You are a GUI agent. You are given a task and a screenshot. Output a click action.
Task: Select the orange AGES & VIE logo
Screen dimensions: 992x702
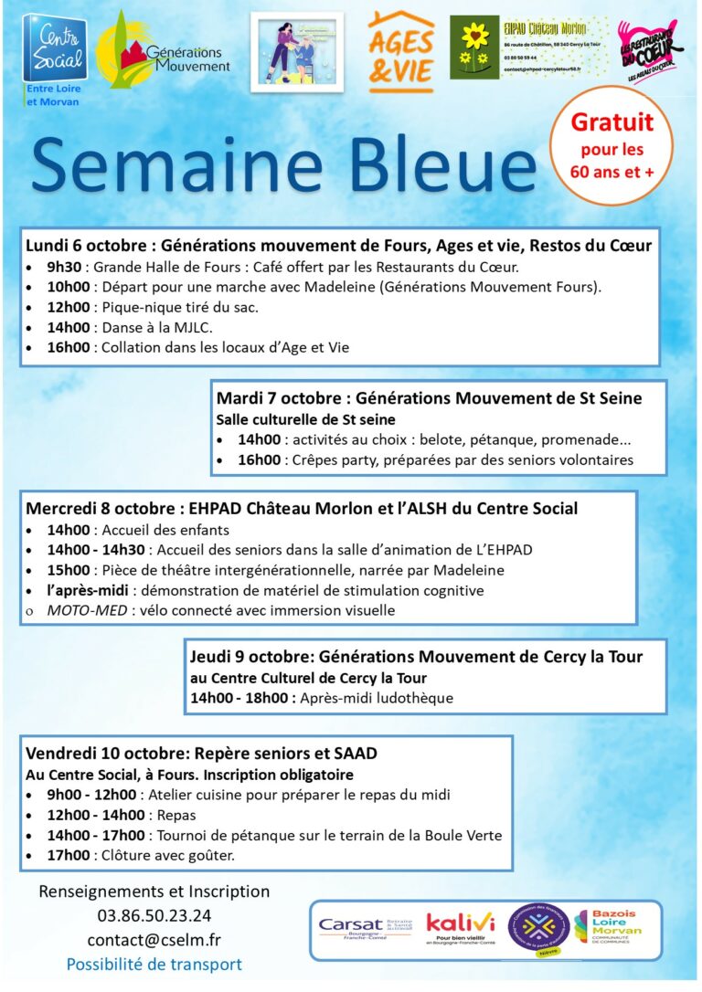(401, 52)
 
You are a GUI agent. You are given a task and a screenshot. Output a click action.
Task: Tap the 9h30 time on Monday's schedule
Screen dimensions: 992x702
(66, 268)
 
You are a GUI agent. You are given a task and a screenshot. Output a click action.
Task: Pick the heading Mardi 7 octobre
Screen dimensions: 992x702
(281, 398)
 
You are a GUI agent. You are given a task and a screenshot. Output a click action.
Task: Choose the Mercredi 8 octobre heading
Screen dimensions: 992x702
(100, 508)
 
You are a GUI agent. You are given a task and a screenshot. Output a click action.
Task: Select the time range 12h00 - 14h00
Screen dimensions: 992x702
(96, 815)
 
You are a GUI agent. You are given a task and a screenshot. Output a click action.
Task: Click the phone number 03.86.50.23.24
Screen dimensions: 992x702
(154, 915)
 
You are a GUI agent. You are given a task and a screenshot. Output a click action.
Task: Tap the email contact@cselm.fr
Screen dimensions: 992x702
(154, 940)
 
